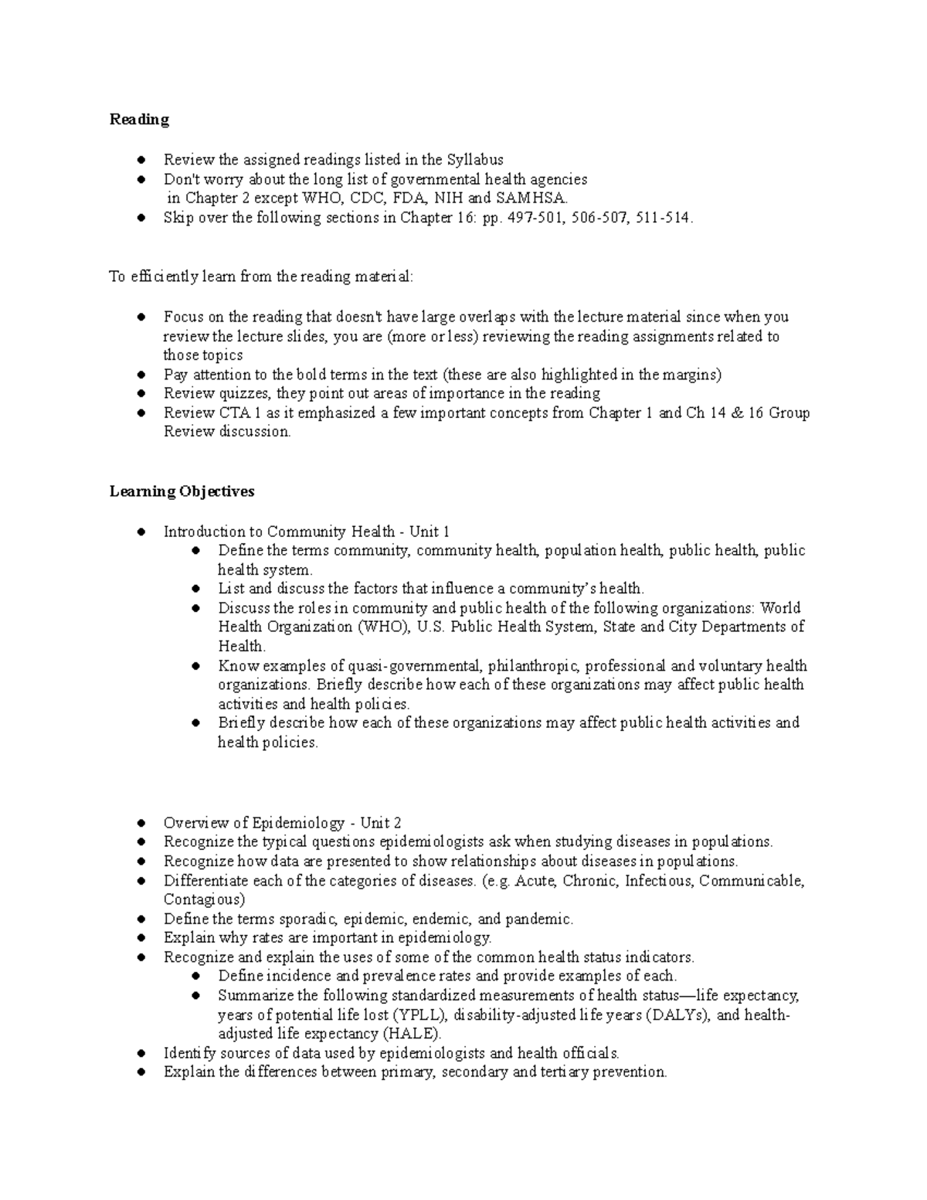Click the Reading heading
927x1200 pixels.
click(x=139, y=120)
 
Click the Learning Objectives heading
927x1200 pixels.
click(x=182, y=491)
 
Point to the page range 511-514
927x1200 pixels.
click(x=660, y=217)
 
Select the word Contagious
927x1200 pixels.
click(x=203, y=899)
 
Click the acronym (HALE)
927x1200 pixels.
click(x=413, y=1034)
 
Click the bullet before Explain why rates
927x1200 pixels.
click(x=141, y=938)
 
